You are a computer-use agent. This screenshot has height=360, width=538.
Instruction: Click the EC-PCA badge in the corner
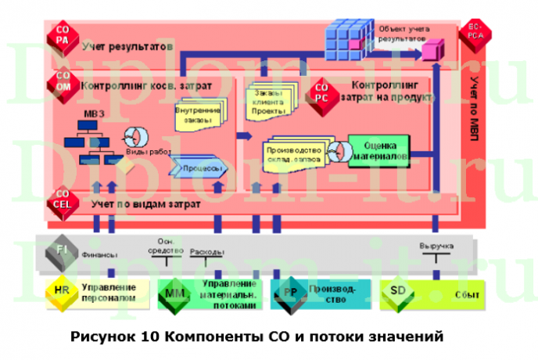point(475,31)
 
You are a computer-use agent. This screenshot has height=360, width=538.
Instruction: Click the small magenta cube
point(429,52)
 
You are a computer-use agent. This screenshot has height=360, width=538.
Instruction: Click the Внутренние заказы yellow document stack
point(199,115)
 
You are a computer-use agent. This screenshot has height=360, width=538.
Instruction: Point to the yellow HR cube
point(63,293)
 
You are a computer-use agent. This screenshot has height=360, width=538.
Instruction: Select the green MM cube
point(174,293)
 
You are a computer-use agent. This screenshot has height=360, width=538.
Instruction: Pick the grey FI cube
point(63,250)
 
